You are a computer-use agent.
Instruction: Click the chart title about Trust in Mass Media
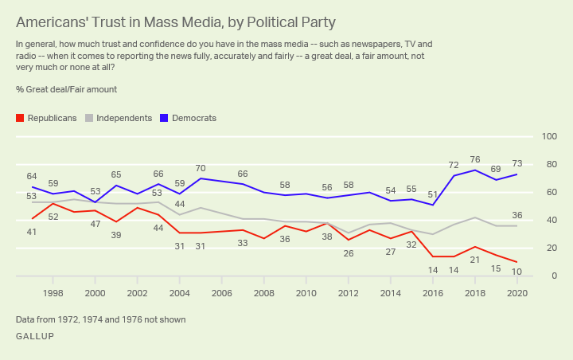click(x=175, y=22)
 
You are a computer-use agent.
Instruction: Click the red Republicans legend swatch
click(x=20, y=118)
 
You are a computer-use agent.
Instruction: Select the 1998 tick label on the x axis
click(x=53, y=293)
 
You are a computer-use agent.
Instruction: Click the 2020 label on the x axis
click(x=516, y=293)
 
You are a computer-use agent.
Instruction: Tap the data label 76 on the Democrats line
click(x=475, y=159)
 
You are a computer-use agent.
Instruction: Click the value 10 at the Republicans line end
click(x=516, y=272)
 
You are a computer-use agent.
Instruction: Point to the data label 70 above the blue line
click(x=200, y=168)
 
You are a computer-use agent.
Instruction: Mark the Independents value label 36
click(x=516, y=215)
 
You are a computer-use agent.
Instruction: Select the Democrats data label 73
click(x=516, y=163)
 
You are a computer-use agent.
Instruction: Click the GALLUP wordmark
click(x=37, y=337)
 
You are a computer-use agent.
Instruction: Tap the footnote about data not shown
click(x=100, y=319)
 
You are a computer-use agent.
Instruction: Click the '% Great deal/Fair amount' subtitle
click(x=66, y=90)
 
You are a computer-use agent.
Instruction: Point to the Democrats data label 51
click(x=433, y=194)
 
